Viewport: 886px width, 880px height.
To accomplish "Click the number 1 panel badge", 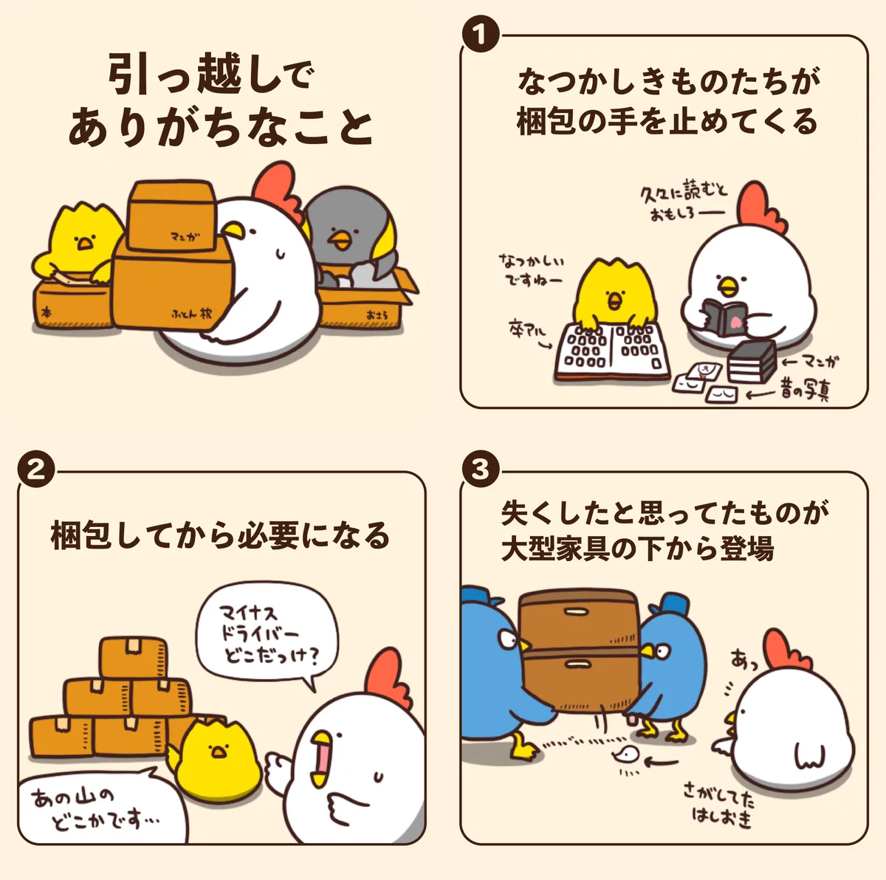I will coord(480,35).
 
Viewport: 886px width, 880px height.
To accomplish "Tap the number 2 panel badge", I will coord(36,470).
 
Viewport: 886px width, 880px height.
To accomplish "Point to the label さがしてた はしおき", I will coord(719,805).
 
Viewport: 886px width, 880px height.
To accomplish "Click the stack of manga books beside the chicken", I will coord(752,361).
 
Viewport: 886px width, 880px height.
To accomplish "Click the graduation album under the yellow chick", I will coord(612,351).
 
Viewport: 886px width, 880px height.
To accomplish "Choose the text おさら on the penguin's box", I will coord(377,315).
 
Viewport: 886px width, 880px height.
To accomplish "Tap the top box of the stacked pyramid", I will coord(133,657).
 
